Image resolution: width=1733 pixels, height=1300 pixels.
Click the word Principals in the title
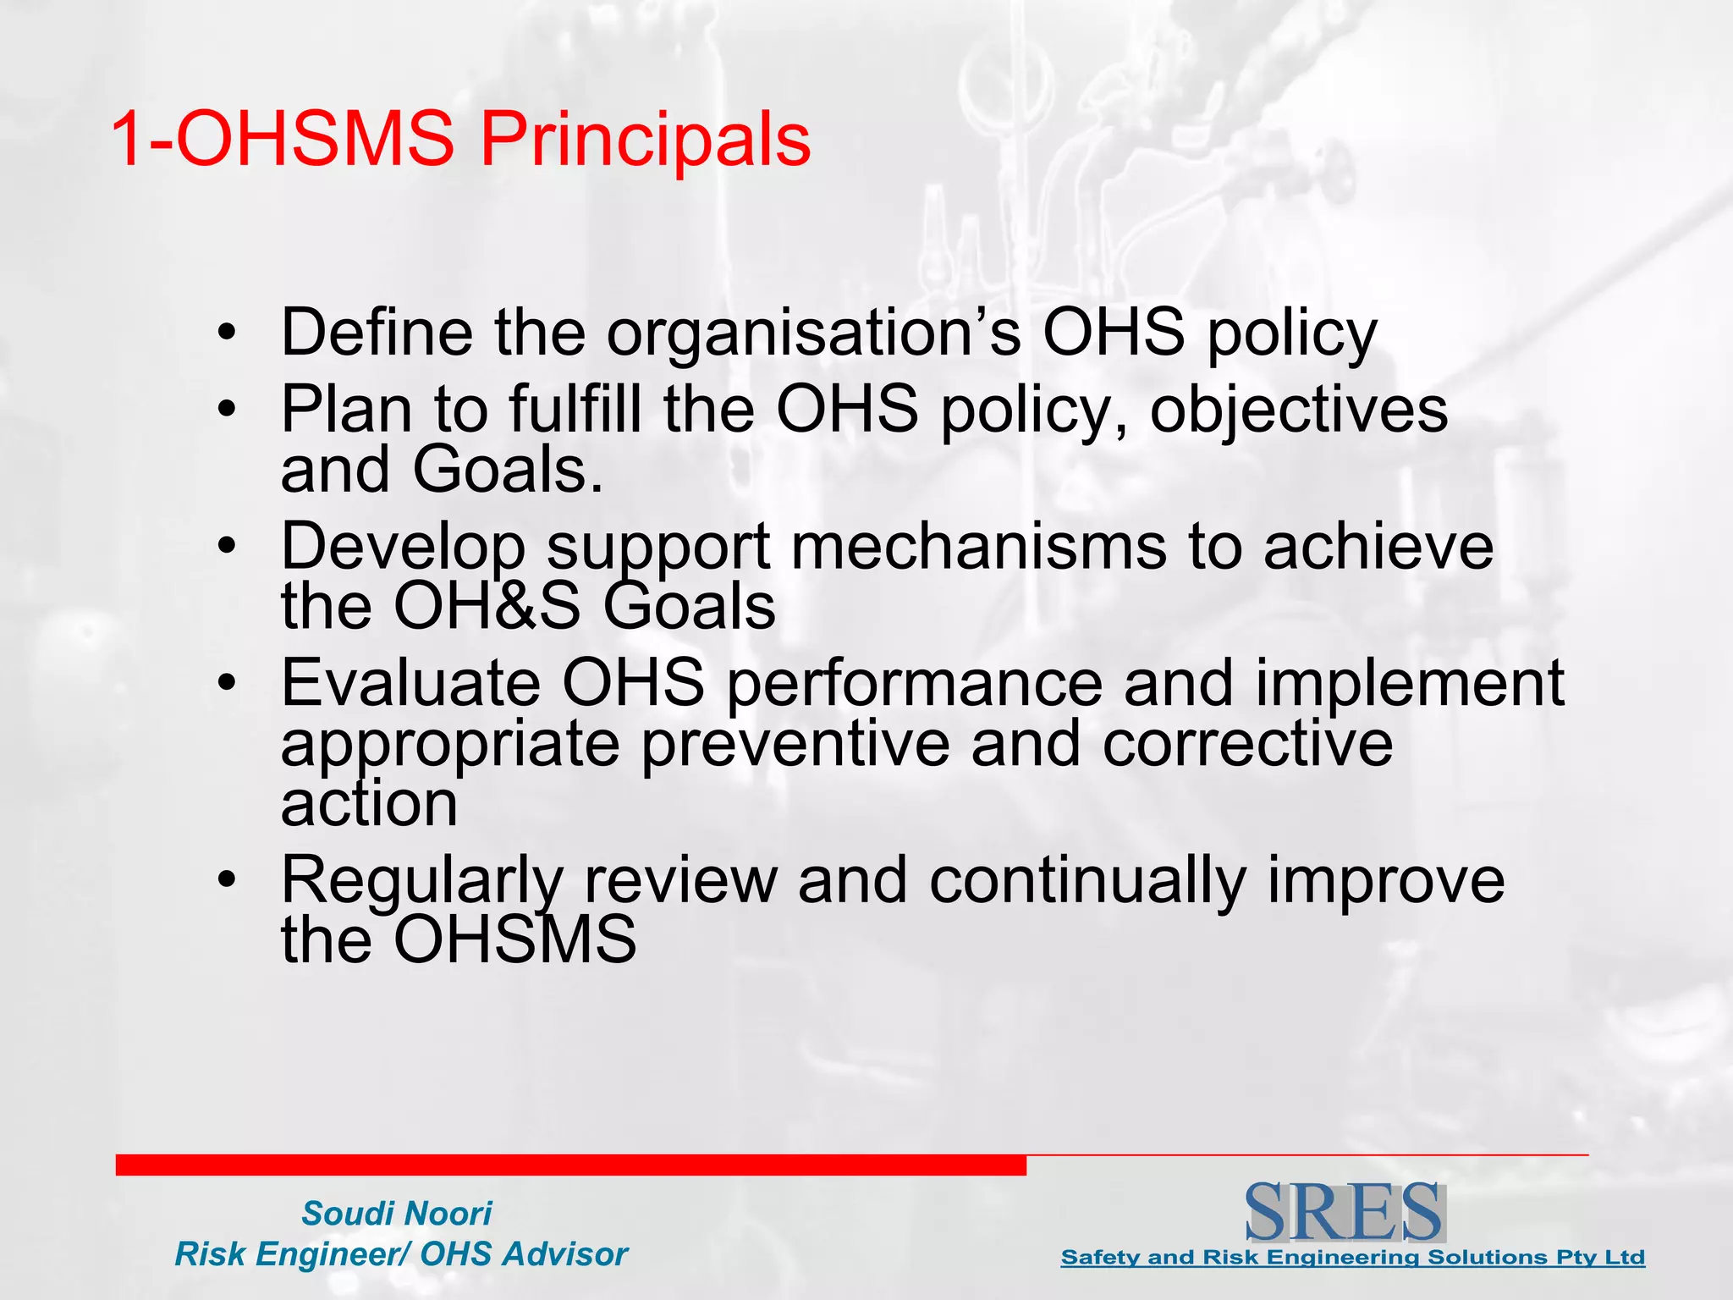[x=646, y=140]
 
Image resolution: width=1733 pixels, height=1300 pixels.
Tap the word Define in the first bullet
[x=376, y=332]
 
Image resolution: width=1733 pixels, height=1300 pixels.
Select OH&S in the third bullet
[x=487, y=606]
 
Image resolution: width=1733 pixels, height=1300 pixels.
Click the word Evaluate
[x=411, y=683]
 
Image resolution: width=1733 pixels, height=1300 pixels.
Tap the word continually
[x=1087, y=880]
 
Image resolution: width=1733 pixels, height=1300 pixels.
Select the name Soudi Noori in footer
[x=396, y=1214]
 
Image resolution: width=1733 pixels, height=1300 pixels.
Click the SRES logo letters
[x=1344, y=1212]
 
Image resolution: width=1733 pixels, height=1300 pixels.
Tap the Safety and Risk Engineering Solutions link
[x=1352, y=1258]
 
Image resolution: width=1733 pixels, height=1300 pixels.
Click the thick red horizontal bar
[x=570, y=1165]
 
